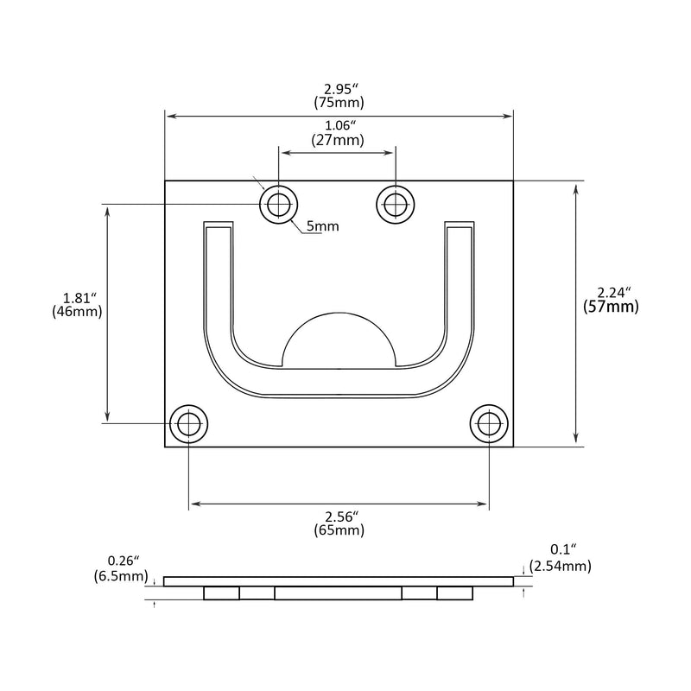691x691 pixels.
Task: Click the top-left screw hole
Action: [278, 205]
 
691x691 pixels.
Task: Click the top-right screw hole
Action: [396, 205]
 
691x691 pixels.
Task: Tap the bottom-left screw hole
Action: [188, 423]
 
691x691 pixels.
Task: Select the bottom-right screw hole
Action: [489, 423]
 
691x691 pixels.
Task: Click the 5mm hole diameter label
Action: [322, 226]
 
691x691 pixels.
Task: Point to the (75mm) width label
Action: [339, 103]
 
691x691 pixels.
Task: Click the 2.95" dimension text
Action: [339, 89]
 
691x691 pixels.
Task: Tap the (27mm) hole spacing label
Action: [338, 140]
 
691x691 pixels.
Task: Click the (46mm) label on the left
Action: [77, 312]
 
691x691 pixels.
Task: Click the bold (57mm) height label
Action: [611, 307]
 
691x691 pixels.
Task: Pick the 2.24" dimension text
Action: [614, 292]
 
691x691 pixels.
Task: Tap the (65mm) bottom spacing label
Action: [339, 530]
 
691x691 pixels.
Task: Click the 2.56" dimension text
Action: [341, 516]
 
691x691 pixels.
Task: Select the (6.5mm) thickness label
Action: [121, 575]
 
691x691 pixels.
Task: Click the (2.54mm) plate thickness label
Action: [560, 566]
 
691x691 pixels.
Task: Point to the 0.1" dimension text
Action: [563, 549]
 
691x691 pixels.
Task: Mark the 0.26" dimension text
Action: [124, 561]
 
